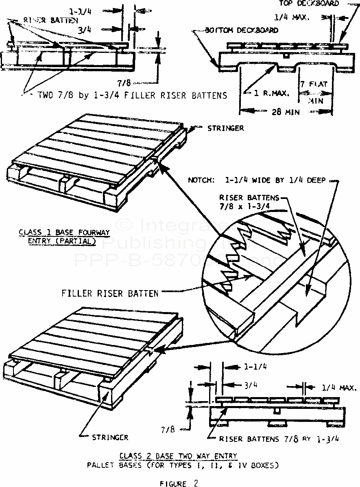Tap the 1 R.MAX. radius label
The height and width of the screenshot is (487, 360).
(x=270, y=93)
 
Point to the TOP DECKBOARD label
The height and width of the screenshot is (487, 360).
(x=309, y=4)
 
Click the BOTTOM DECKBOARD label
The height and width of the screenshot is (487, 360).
(x=242, y=30)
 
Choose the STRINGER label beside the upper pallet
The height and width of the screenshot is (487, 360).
(x=225, y=128)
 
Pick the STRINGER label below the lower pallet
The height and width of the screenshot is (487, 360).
(x=110, y=438)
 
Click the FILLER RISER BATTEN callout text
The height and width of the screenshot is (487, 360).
(x=110, y=293)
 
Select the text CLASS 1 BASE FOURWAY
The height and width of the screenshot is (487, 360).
(x=64, y=233)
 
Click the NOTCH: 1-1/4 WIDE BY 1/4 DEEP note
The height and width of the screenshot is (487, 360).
(x=257, y=179)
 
